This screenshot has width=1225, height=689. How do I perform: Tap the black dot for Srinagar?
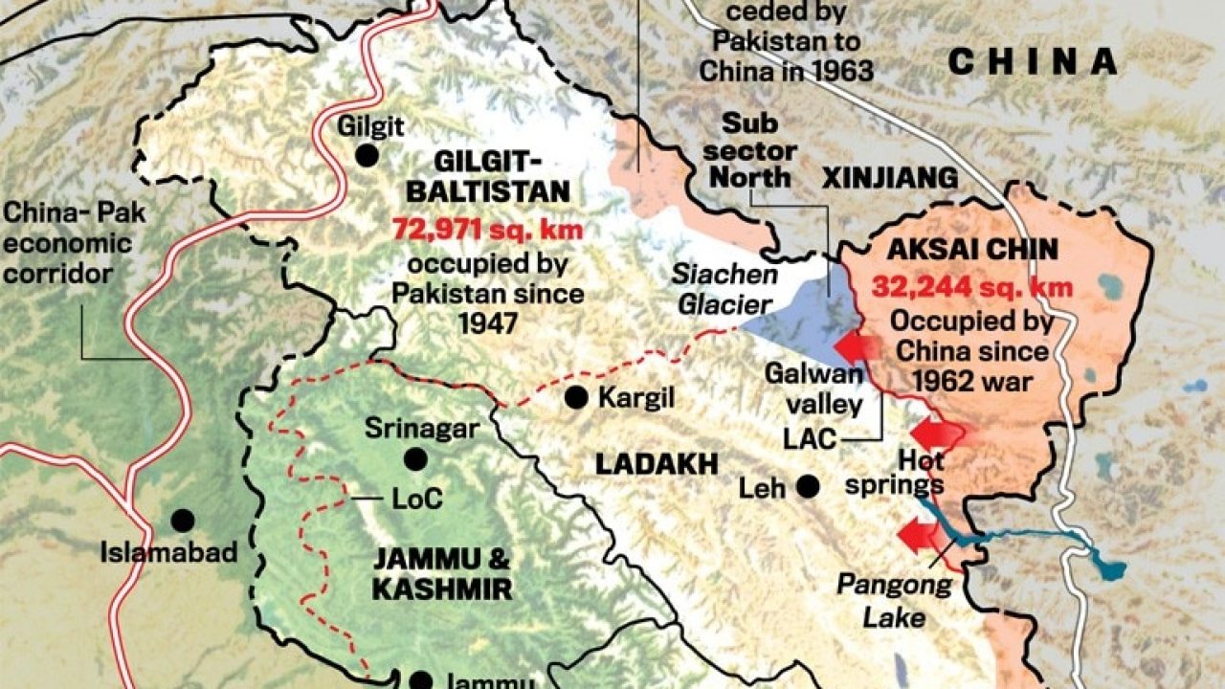click(x=415, y=459)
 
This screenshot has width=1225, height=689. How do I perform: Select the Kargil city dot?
click(x=576, y=398)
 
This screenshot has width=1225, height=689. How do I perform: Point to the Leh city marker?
click(x=809, y=487)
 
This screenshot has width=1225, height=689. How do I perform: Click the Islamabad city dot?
click(x=183, y=521)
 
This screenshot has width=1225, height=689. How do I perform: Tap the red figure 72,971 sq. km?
click(x=488, y=230)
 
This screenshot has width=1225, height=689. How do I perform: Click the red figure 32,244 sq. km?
click(x=971, y=287)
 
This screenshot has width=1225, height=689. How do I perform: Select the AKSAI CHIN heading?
click(x=971, y=251)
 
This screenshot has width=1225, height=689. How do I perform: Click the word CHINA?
click(x=1032, y=62)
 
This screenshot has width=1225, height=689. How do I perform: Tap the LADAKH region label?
click(x=657, y=465)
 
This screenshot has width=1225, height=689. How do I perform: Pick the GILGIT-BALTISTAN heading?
click(x=488, y=175)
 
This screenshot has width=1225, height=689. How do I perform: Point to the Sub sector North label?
click(x=758, y=150)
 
